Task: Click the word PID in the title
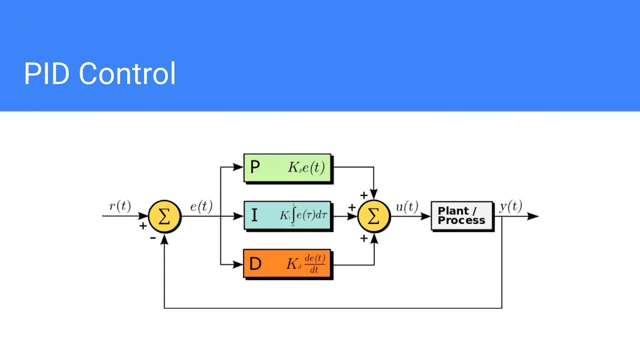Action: (x=46, y=74)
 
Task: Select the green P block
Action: (x=287, y=167)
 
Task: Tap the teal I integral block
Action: (x=287, y=215)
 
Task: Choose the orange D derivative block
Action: (x=287, y=263)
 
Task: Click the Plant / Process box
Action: (x=461, y=215)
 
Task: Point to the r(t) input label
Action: (x=119, y=206)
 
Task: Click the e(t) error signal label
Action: (x=201, y=206)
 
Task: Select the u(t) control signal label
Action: (x=407, y=206)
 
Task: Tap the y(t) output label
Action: (x=510, y=206)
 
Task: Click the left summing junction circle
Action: (x=164, y=216)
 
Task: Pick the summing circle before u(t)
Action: (x=373, y=216)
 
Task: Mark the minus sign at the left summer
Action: (x=153, y=238)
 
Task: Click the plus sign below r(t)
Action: (x=143, y=226)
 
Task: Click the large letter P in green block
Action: (x=254, y=167)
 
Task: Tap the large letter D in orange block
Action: (x=254, y=264)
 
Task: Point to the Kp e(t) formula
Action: (x=306, y=167)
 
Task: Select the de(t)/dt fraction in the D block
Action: (x=314, y=263)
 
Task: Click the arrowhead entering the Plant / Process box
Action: (x=426, y=216)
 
